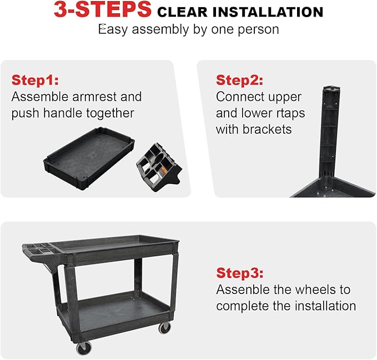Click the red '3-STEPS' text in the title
pyautogui.click(x=103, y=11)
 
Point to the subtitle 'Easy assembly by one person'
pyautogui.click(x=188, y=29)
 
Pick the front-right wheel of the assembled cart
pyautogui.click(x=164, y=327)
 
